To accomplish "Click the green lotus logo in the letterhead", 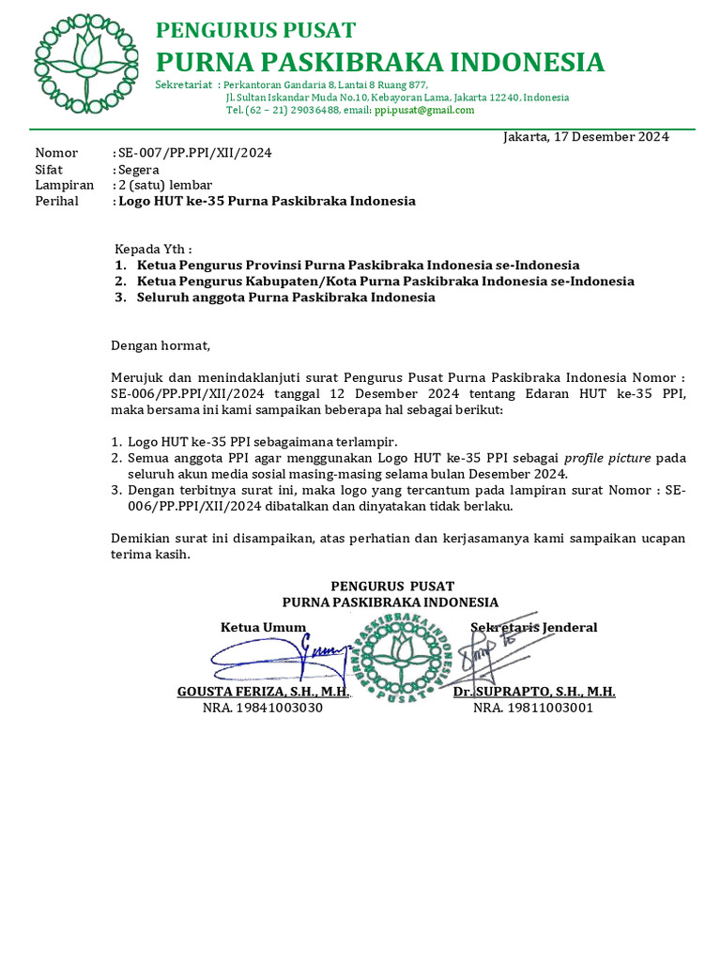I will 85,64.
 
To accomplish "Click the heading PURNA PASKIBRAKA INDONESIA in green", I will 379,63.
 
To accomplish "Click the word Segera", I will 138,170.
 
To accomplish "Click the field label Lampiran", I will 65,185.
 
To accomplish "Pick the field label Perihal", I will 57,201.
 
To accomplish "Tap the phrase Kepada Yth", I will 152,250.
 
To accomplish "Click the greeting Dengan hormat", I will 161,345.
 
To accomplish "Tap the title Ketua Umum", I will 263,627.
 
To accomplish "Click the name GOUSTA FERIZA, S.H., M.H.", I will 263,692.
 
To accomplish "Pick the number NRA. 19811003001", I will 532,708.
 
